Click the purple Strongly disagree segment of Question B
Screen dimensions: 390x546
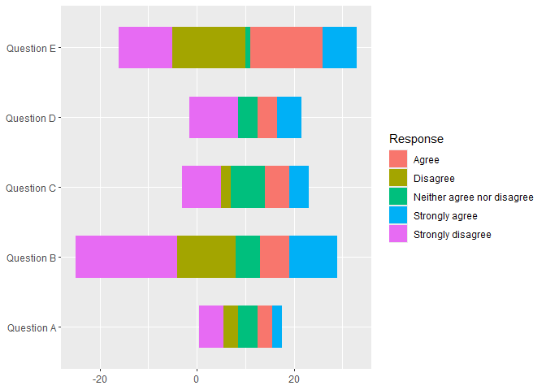tap(126, 257)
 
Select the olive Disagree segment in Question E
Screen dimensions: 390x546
tap(208, 48)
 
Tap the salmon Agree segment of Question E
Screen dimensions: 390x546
tap(286, 48)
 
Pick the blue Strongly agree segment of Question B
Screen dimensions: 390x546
tap(313, 257)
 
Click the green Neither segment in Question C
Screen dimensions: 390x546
tap(247, 187)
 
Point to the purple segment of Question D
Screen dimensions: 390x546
tap(214, 118)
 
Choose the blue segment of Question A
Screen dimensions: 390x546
tap(277, 327)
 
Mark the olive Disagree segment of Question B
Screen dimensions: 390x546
tap(206, 257)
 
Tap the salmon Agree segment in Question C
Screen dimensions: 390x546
tap(276, 187)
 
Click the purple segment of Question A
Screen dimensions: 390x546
tap(211, 327)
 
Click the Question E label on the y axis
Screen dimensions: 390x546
tap(31, 48)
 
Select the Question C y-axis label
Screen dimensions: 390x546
tap(31, 188)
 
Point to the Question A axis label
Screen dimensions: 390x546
tap(31, 327)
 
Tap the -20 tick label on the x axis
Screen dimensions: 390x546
tap(100, 379)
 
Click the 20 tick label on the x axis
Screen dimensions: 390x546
tap(294, 379)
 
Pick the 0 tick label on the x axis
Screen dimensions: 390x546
tap(197, 379)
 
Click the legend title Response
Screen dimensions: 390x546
tap(416, 139)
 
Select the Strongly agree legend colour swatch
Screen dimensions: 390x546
tap(398, 216)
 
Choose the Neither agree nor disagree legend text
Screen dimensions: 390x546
tap(473, 197)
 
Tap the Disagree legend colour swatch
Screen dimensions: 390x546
tap(398, 179)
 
